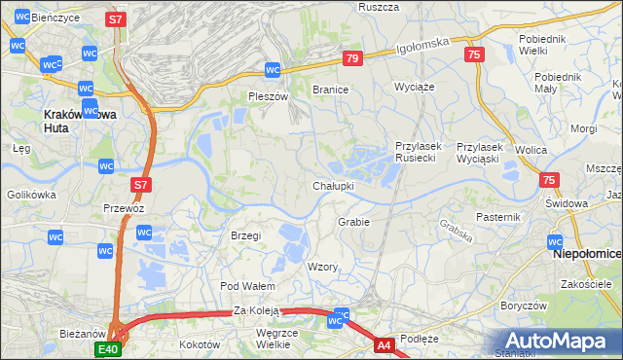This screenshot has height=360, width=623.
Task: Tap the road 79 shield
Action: pyautogui.click(x=352, y=59)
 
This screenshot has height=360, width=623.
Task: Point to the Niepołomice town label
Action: pyautogui.click(x=586, y=254)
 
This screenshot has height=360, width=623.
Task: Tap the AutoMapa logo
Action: pyautogui.click(x=557, y=341)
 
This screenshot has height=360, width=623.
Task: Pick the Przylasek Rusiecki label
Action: pyautogui.click(x=419, y=153)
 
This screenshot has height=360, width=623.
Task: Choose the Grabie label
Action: pyautogui.click(x=353, y=222)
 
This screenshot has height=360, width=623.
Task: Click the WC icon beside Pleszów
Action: pyautogui.click(x=274, y=70)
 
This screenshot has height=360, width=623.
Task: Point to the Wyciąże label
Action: pyautogui.click(x=413, y=87)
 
